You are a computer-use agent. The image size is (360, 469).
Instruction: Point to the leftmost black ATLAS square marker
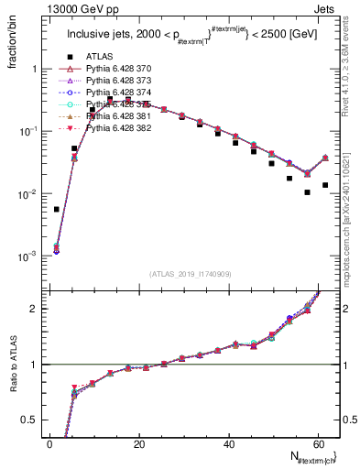(57, 209)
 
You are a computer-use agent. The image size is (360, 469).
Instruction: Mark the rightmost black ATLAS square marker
(325, 185)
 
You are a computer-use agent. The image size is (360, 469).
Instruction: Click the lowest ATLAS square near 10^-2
(308, 192)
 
